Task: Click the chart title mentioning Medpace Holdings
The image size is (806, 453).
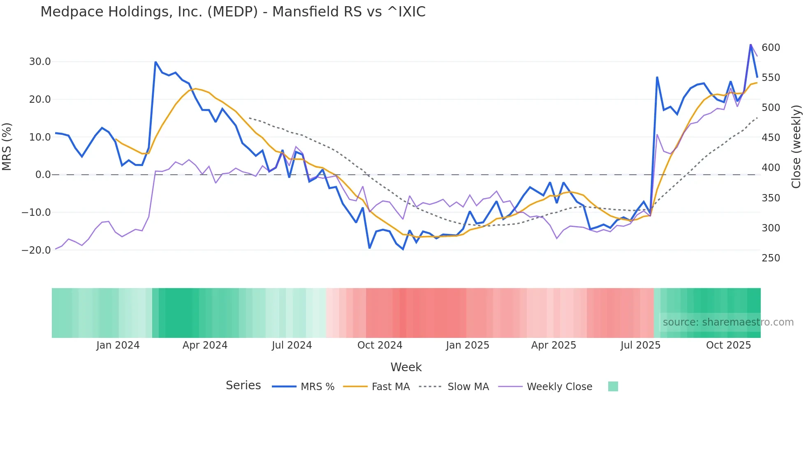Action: pyautogui.click(x=233, y=12)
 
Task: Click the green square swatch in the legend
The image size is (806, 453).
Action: pyautogui.click(x=613, y=386)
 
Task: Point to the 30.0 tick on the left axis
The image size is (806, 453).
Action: pyautogui.click(x=40, y=62)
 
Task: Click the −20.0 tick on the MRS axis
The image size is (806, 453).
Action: pyautogui.click(x=36, y=250)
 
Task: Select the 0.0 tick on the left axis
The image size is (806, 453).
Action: pyautogui.click(x=43, y=175)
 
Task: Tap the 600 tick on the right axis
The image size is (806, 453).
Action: pyautogui.click(x=771, y=48)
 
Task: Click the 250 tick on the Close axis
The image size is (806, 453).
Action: pyautogui.click(x=771, y=258)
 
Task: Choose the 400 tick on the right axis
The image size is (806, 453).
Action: pyautogui.click(x=771, y=168)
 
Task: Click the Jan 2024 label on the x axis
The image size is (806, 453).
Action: pyautogui.click(x=118, y=345)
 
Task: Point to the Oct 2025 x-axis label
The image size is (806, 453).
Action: pyautogui.click(x=728, y=345)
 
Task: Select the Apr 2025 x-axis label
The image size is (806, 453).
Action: pyautogui.click(x=554, y=345)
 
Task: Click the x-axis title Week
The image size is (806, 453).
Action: pyautogui.click(x=406, y=367)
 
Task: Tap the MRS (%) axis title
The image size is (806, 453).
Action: pyautogui.click(x=7, y=146)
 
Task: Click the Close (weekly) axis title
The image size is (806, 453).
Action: pyautogui.click(x=797, y=146)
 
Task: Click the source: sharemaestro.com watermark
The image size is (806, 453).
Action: pyautogui.click(x=728, y=322)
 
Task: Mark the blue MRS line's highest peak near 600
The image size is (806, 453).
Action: pyautogui.click(x=750, y=44)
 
